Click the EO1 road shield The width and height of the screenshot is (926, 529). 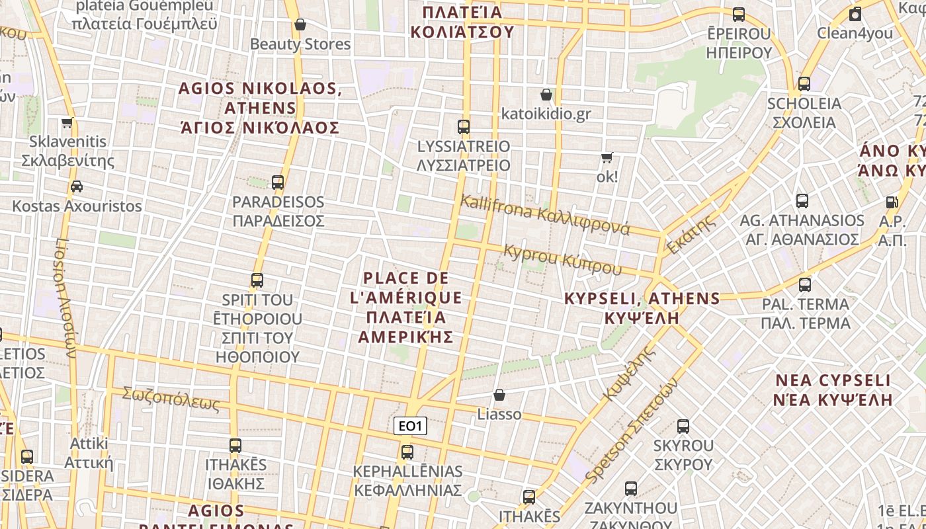410,427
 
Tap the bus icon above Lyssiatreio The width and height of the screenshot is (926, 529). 464,126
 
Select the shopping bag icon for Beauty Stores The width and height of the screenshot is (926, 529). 300,24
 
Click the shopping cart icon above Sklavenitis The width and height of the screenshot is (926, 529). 67,122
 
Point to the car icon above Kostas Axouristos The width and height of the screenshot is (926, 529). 77,186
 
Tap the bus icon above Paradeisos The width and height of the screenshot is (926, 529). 278,182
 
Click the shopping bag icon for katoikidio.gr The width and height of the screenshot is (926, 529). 546,95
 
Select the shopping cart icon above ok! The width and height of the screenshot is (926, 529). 607,158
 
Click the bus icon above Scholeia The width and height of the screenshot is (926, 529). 804,84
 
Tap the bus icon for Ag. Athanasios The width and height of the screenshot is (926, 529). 802,200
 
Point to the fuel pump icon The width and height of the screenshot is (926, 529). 892,202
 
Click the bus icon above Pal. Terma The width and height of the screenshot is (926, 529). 805,285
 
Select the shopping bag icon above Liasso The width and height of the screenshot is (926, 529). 499,395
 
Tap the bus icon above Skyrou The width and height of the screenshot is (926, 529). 683,427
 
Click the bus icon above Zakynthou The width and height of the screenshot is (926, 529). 631,489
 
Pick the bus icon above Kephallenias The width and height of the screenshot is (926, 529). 407,452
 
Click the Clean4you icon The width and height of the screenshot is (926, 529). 855,14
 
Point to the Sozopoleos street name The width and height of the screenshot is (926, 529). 171,398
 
